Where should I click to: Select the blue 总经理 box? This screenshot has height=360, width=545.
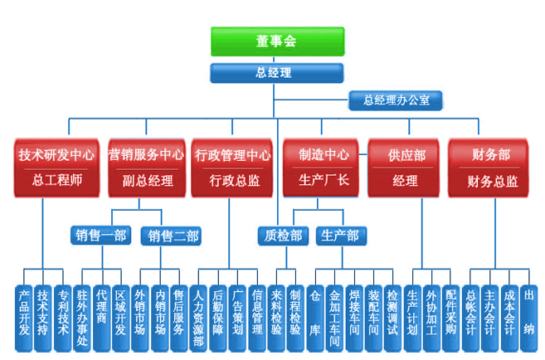click(273, 73)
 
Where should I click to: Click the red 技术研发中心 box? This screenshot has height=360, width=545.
click(56, 167)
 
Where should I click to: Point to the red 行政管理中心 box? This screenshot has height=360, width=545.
click(233, 167)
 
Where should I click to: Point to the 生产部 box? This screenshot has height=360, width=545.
click(340, 236)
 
